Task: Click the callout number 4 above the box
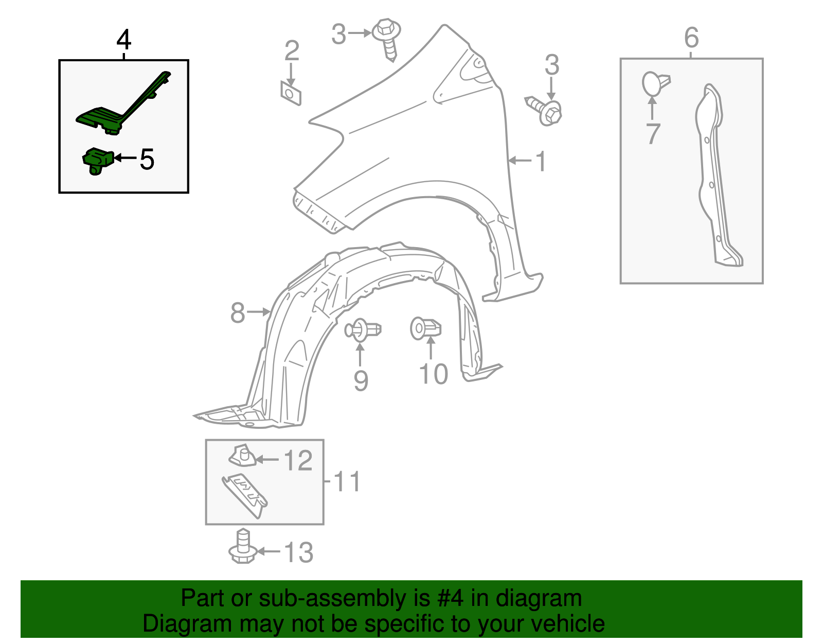pyautogui.click(x=124, y=40)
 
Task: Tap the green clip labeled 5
pyautogui.click(x=98, y=161)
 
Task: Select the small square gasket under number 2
pyautogui.click(x=291, y=93)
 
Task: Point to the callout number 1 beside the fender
pyautogui.click(x=541, y=161)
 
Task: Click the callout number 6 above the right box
pyautogui.click(x=692, y=38)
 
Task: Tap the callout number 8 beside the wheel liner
pyautogui.click(x=238, y=313)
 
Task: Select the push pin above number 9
pyautogui.click(x=363, y=329)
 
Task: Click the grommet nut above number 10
pyautogui.click(x=426, y=328)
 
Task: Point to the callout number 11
pyautogui.click(x=347, y=481)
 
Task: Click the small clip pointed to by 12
pyautogui.click(x=242, y=456)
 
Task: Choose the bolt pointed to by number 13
pyautogui.click(x=243, y=546)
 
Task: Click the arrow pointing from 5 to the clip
pyautogui.click(x=125, y=158)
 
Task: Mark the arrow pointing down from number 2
pyautogui.click(x=291, y=75)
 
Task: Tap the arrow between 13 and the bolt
pyautogui.click(x=269, y=551)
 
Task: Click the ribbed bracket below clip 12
pyautogui.click(x=245, y=495)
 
